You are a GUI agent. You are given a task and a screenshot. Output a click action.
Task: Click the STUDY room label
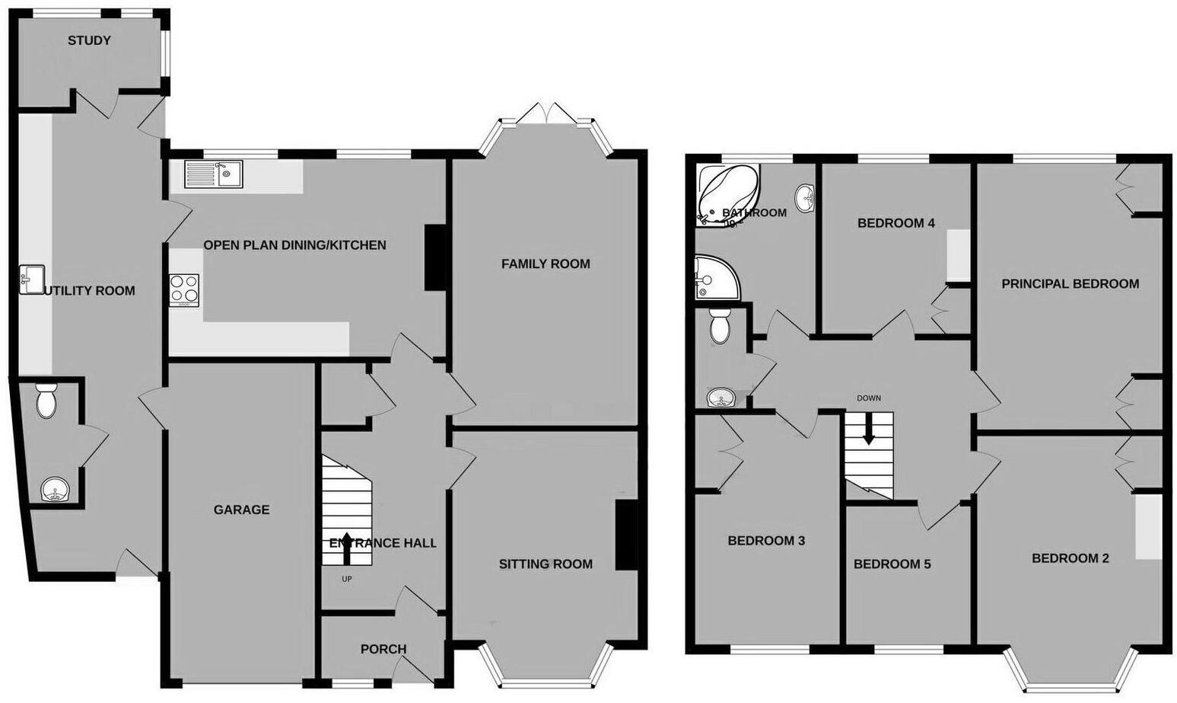click(89, 40)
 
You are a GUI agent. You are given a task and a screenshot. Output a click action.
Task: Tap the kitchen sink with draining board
click(213, 174)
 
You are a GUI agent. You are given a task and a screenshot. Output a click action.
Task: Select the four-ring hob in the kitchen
click(184, 289)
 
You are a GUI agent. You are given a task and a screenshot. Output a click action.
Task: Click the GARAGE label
click(241, 510)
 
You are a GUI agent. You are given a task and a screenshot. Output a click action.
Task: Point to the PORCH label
click(383, 649)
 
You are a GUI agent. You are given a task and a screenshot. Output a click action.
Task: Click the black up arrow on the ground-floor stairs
click(348, 548)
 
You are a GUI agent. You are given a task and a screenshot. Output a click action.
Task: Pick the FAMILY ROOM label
click(546, 264)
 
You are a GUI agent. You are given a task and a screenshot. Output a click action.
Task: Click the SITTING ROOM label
click(546, 564)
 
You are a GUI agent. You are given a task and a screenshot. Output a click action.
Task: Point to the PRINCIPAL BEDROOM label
click(1070, 283)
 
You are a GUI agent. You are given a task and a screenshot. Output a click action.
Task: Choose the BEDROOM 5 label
click(892, 564)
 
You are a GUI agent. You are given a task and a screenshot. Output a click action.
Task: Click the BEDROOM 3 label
click(766, 540)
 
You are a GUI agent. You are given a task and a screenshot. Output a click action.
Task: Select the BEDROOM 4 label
click(895, 222)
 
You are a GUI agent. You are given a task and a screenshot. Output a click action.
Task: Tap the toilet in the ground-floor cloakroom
click(47, 401)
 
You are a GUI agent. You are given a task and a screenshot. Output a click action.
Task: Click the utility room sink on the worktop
click(31, 279)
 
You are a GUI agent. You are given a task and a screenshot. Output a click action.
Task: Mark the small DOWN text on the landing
click(868, 398)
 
